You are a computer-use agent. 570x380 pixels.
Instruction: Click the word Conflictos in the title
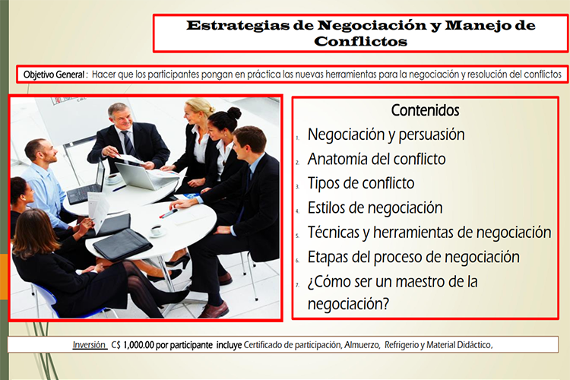360,41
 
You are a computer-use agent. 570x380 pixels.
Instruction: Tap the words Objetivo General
54,75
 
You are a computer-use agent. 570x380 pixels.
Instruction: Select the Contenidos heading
426,110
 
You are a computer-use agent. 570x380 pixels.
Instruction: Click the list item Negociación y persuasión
386,135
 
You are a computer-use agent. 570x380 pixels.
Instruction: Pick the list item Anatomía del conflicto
377,159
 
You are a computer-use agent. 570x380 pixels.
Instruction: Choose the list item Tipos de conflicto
361,183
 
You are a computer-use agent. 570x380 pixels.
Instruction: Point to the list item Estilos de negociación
375,208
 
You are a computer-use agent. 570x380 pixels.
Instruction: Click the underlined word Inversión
90,345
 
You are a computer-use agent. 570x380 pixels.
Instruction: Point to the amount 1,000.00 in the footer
138,345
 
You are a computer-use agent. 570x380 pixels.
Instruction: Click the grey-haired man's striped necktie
128,145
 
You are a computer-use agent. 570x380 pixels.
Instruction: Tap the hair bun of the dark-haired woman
235,113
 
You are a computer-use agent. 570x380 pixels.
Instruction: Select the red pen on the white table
168,214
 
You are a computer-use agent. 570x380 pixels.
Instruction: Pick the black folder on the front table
122,245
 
